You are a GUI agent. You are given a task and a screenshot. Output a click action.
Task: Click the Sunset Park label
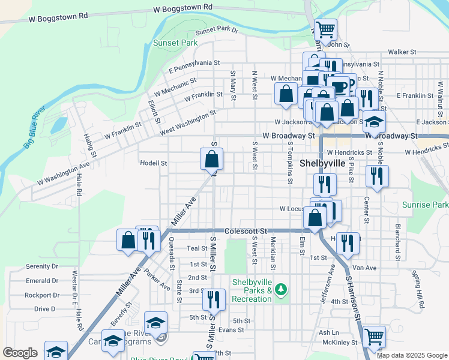[175, 43]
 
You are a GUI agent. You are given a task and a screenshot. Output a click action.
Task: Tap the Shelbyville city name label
[322, 163]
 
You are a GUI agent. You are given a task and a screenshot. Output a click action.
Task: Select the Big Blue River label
[35, 127]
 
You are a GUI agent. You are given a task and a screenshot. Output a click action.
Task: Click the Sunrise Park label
[426, 205]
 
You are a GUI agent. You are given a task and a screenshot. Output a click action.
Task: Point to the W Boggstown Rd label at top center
[182, 8]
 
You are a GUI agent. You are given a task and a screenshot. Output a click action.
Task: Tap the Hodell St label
[153, 163]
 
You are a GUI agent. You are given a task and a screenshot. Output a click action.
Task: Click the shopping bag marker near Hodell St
[211, 160]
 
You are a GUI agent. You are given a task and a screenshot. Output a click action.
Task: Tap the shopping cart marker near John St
[325, 29]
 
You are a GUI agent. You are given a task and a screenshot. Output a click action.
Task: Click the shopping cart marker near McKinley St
[375, 338]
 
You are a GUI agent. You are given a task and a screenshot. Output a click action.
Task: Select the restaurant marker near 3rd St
[214, 299]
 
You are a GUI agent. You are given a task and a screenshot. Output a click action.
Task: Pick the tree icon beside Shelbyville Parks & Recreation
[281, 291]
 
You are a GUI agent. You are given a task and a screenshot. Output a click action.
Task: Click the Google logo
[20, 353]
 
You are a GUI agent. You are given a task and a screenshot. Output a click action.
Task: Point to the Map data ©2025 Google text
[412, 355]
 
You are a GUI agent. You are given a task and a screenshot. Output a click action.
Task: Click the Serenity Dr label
[42, 266]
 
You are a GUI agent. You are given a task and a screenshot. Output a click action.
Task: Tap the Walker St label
[402, 52]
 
